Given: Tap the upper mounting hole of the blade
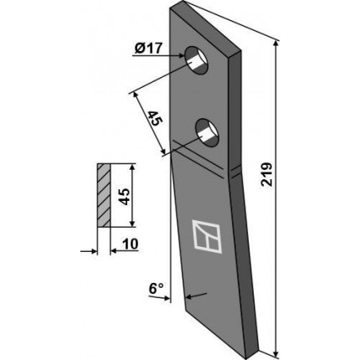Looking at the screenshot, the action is coord(198,60).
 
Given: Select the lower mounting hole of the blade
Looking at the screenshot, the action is coord(207,132).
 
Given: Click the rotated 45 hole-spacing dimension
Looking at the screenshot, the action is coord(154,118).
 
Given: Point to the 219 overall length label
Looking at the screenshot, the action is coord(266,174).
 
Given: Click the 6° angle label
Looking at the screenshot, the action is coord(156,288).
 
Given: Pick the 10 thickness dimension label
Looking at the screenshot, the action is coord(130,244).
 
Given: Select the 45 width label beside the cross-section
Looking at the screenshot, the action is coord(125,197).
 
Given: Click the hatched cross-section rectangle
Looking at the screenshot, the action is coord(104,195).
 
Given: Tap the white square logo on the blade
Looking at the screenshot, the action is coord(207,236).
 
